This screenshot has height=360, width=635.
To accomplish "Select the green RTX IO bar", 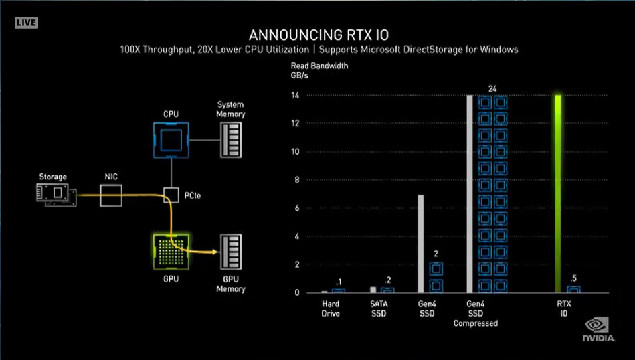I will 557,193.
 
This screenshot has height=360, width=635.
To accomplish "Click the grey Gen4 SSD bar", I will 420,244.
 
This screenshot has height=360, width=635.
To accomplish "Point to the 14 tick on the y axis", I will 296,96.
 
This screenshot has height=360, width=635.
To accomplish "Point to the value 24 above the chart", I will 492,88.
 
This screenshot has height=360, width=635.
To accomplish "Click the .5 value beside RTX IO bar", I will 573,278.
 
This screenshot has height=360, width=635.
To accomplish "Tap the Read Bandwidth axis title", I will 319,71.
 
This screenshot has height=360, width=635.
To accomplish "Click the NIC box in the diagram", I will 111,196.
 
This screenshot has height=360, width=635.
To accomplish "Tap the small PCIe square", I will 171,196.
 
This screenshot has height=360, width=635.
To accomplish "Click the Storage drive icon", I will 55,195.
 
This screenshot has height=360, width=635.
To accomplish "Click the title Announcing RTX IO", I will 318,35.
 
